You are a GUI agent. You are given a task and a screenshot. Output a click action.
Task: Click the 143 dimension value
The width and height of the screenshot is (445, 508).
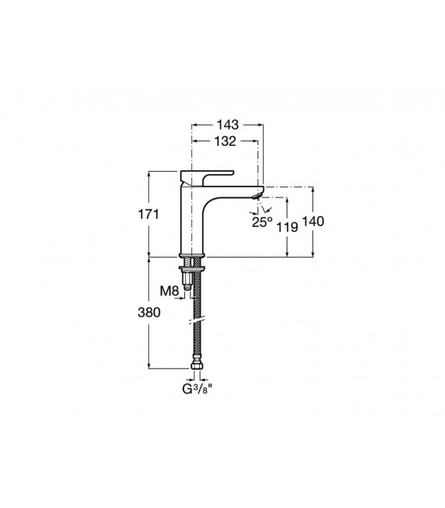pos(228,125)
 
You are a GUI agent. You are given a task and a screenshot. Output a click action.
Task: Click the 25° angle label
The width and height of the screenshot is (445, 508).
pos(262,222)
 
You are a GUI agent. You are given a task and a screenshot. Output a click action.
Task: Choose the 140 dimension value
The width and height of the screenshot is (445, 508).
pos(312,222)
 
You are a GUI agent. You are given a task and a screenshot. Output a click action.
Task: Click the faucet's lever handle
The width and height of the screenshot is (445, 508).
pos(210,172)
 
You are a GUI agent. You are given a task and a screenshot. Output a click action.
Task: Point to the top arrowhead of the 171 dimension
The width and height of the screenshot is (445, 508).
pos(150,172)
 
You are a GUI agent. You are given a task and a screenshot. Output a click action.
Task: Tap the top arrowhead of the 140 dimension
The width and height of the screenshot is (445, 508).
pos(312,190)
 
